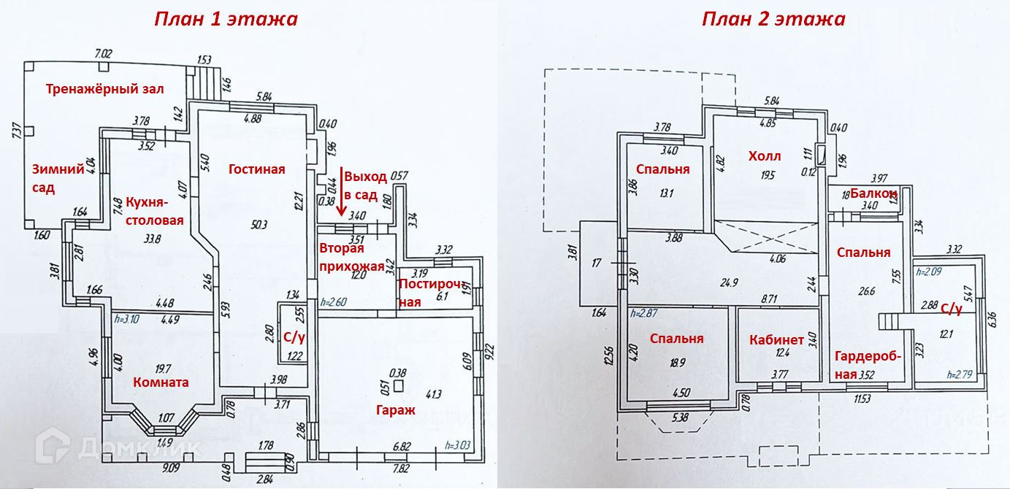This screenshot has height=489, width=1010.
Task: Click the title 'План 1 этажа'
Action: coord(226,18)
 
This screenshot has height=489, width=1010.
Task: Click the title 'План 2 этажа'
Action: coord(773,18)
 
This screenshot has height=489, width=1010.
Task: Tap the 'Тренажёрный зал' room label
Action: coord(104,89)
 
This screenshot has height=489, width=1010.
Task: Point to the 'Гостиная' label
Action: coord(256,169)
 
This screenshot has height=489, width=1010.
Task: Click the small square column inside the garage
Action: coord(398,384)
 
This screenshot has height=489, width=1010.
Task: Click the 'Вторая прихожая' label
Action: coord(351,257)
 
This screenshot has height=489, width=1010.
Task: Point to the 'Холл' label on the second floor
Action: coord(765,156)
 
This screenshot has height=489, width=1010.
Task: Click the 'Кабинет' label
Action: coord(776,339)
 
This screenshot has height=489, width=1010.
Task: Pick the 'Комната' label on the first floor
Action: coord(161,382)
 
